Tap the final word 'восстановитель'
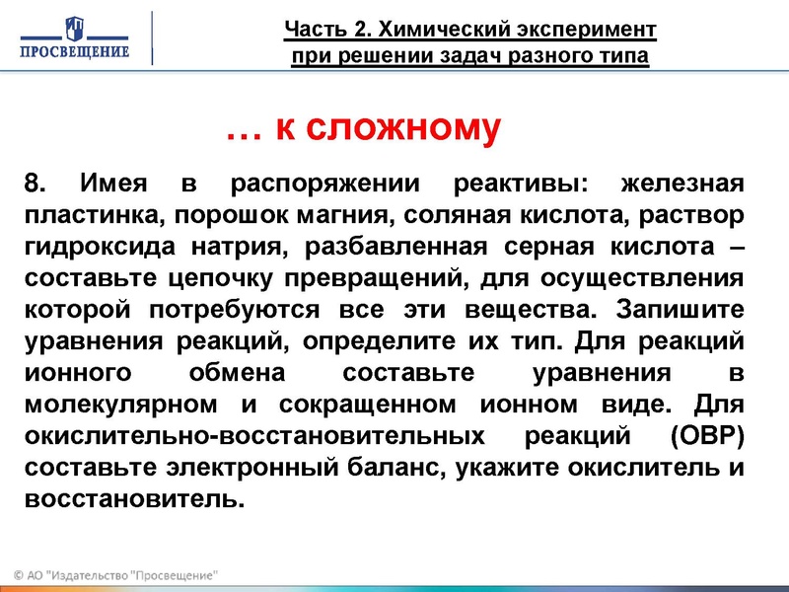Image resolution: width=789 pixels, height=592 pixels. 131,499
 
